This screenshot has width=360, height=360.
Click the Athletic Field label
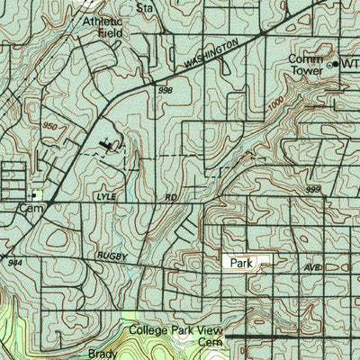point(103,26)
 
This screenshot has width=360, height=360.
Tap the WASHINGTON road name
point(212,54)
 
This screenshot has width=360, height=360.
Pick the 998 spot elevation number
point(164,90)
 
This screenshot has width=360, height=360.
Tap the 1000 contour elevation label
point(277,105)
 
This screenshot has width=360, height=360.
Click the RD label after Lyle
point(168,195)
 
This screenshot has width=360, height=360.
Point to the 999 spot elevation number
point(313,190)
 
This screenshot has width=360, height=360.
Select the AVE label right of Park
point(312,267)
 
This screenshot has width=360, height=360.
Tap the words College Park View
point(175,331)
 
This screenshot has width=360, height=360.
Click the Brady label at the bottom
point(103,354)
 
